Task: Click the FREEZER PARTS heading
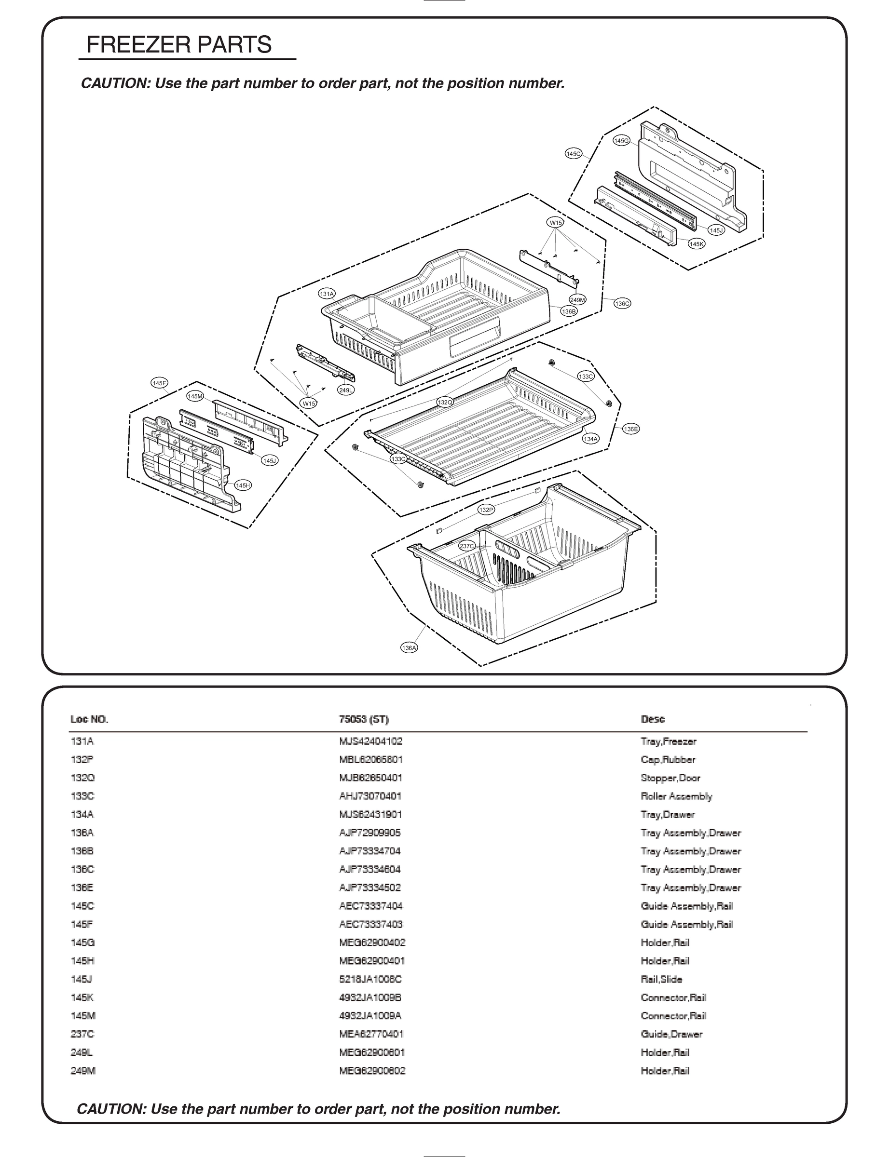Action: coord(179,45)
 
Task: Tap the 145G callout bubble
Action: coord(621,141)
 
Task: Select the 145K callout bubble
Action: coord(697,244)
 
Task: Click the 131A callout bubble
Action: coord(327,294)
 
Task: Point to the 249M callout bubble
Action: coord(578,300)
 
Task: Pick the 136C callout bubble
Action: coord(622,304)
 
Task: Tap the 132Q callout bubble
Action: coord(445,403)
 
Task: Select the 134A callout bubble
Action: coord(590,439)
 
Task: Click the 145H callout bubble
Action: coord(243,485)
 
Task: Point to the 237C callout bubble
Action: coord(467,546)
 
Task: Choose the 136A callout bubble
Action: coord(409,648)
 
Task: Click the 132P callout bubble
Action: coord(486,510)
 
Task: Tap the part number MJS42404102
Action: coord(370,741)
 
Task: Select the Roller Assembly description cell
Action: coord(676,796)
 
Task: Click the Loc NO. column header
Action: coord(89,719)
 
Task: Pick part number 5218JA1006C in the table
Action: coord(370,979)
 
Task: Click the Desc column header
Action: coord(653,719)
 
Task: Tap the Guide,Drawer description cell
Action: coord(671,1035)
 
